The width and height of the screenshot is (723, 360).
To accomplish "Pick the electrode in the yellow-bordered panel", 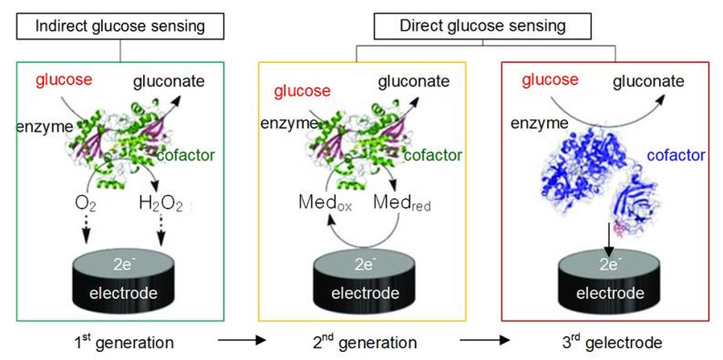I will [362, 283].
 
